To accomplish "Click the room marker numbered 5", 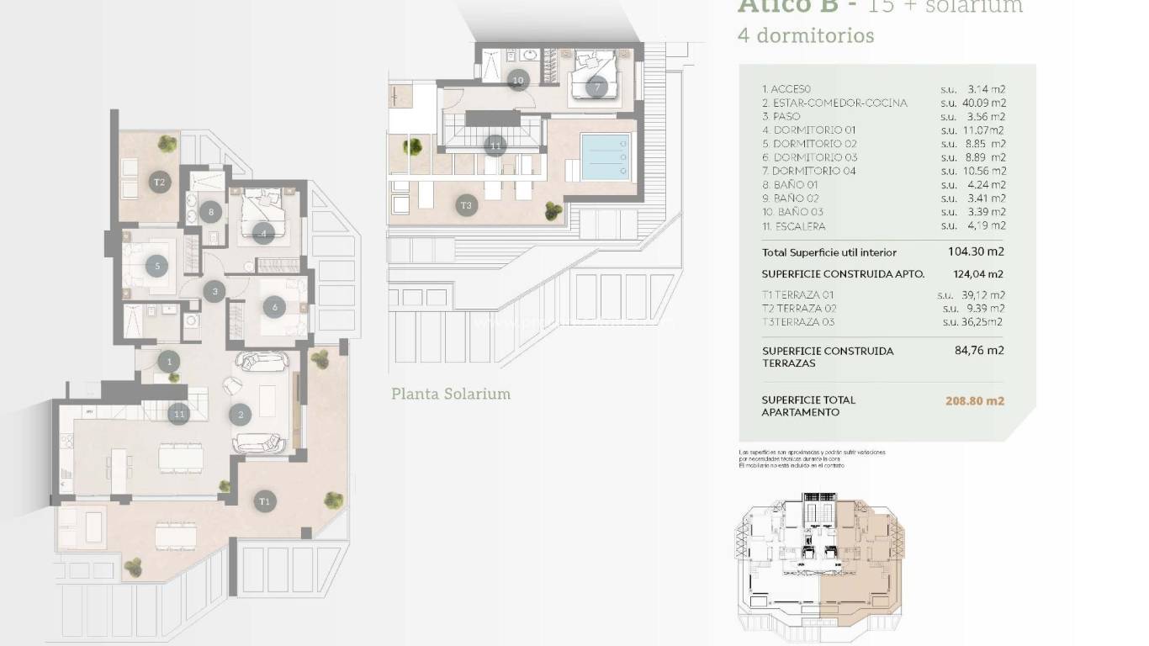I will click(157, 266).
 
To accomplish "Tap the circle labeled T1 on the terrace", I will click(265, 501).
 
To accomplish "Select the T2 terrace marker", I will click(158, 182).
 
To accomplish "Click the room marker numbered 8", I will click(212, 213).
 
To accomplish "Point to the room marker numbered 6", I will click(275, 308).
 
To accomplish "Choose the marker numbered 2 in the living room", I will click(241, 414).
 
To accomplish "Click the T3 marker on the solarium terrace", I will click(466, 204).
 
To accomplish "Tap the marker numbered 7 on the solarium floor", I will click(596, 87).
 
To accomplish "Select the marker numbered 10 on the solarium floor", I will click(518, 81).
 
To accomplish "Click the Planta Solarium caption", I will click(451, 394).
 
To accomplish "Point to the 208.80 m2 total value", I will click(975, 401).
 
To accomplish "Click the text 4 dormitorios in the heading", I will click(805, 36).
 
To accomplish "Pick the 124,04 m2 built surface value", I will click(976, 274).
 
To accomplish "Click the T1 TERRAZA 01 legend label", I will click(800, 295).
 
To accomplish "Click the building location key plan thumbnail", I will click(820, 561).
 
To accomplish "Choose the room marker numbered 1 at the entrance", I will click(169, 362).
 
